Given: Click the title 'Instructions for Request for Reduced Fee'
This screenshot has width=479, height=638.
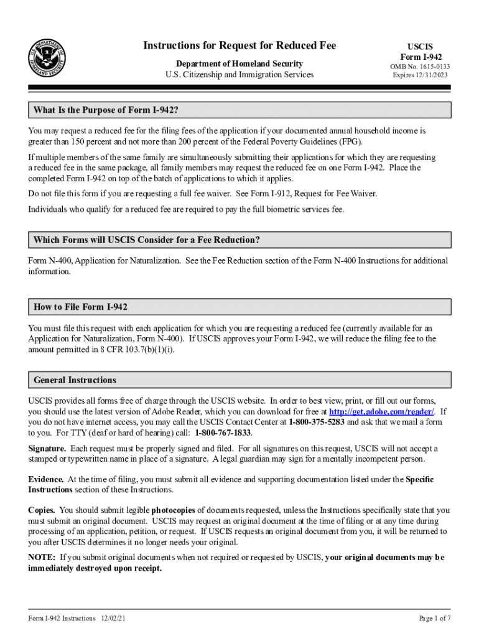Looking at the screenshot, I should pyautogui.click(x=240, y=45).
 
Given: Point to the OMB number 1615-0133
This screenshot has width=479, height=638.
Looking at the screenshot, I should pyautogui.click(x=420, y=67).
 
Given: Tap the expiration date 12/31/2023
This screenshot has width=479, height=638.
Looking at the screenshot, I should pyautogui.click(x=420, y=75).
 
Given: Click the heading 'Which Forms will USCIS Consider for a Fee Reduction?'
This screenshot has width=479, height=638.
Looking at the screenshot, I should pyautogui.click(x=147, y=240).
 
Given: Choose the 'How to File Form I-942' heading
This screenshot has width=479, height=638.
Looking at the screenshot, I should pyautogui.click(x=81, y=307).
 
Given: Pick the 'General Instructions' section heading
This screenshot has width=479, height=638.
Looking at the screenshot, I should pyautogui.click(x=75, y=379).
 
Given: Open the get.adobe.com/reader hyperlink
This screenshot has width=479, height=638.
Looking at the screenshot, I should pyautogui.click(x=382, y=412).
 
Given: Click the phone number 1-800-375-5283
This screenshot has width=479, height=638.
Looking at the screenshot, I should pyautogui.click(x=317, y=422).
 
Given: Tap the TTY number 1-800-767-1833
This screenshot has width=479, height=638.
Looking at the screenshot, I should pyautogui.click(x=223, y=432).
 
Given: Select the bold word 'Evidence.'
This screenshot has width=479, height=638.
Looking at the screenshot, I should pyautogui.click(x=46, y=479).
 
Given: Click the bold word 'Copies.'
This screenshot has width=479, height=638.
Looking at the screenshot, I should pyautogui.click(x=42, y=510).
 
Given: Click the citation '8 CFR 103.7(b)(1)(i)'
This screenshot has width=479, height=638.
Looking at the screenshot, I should pyautogui.click(x=136, y=350).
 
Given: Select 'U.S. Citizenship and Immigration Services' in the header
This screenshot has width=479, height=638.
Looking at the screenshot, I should pyautogui.click(x=240, y=75).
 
